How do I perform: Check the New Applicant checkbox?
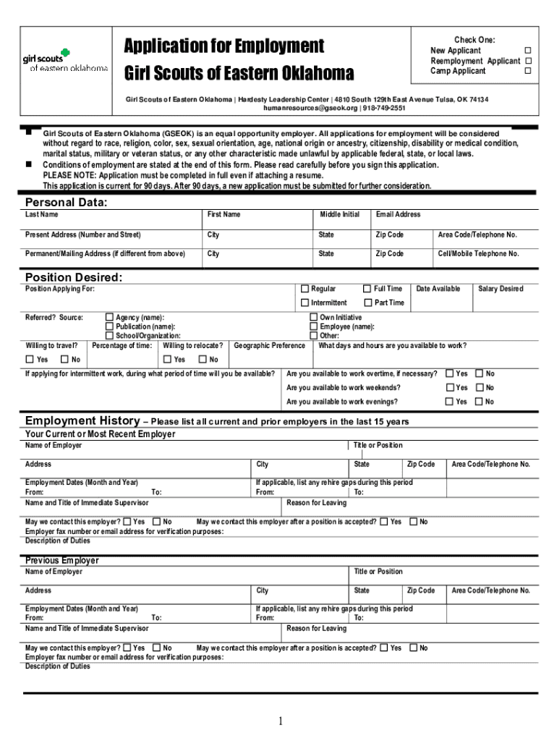point(527,51)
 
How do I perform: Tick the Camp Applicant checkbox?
point(527,71)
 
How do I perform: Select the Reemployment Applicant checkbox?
point(527,61)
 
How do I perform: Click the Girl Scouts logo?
point(65,61)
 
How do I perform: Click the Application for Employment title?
point(224,46)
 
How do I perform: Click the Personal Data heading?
point(66,203)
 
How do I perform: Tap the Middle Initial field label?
point(340,215)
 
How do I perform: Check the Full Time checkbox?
point(367,289)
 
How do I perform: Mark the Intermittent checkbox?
point(305,302)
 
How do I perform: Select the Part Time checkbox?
point(367,302)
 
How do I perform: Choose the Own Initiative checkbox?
point(314,317)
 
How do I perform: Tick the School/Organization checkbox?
point(110,335)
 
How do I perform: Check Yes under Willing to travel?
point(30,360)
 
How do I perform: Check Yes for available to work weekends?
point(449,388)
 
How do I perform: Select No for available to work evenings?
point(478,402)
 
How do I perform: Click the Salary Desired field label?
point(501,289)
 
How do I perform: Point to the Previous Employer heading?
point(62,561)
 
